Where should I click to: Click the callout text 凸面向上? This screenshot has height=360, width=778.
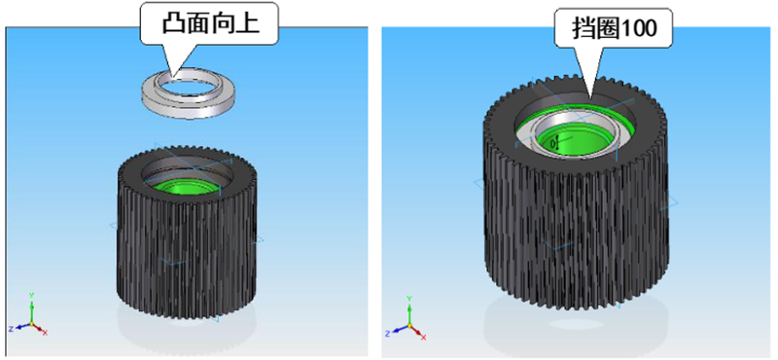coord(210,23)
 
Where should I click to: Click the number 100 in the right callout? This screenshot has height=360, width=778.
coord(639,29)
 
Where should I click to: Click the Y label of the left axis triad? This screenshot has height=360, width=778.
coord(31,295)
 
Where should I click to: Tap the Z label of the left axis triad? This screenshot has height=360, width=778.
coord(11,328)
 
